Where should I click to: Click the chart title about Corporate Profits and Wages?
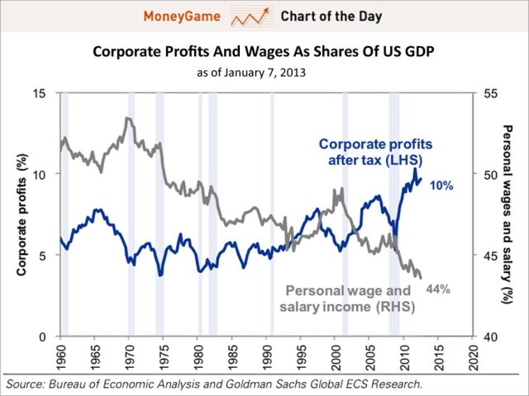(263, 51)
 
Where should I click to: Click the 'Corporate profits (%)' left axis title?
(18, 214)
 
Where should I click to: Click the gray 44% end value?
(437, 289)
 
